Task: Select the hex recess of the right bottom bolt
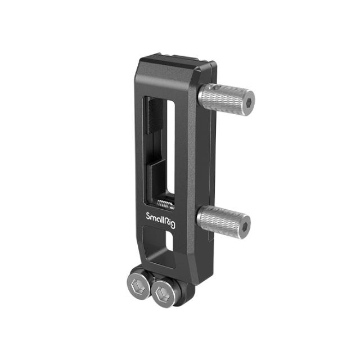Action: (x=163, y=292)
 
